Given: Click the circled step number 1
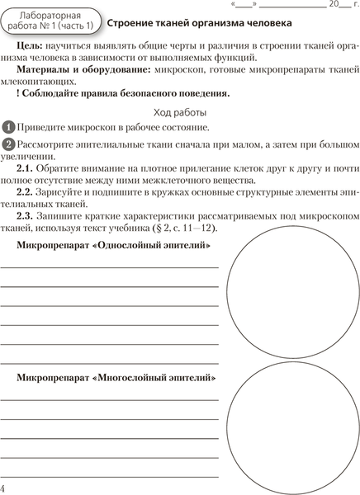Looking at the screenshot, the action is (x=8, y=127).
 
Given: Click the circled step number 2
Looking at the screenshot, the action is (x=8, y=144).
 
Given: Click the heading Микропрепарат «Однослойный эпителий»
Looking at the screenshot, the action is (x=119, y=246).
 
